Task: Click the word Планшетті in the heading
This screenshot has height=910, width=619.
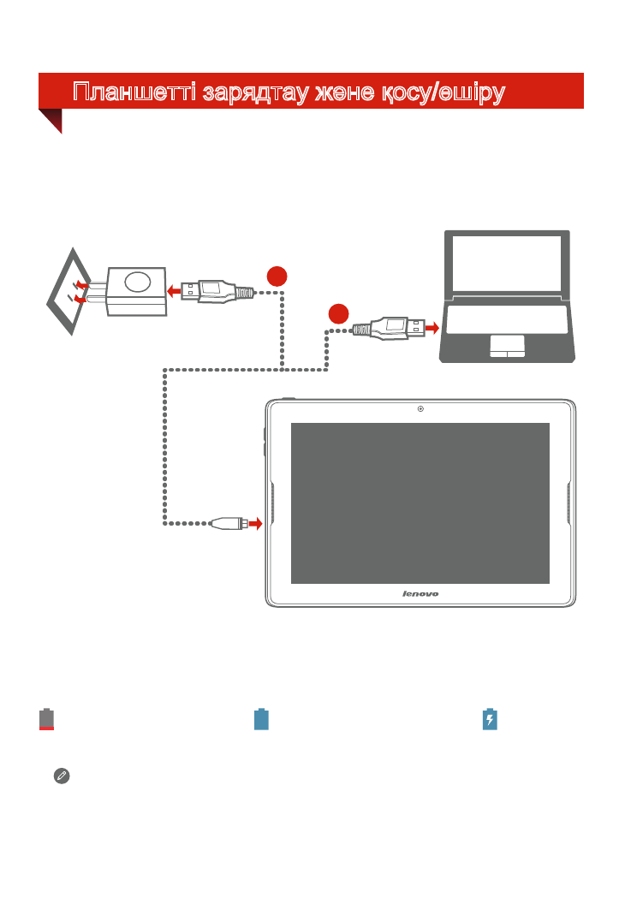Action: tap(134, 92)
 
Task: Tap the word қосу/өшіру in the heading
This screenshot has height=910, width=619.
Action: tap(443, 92)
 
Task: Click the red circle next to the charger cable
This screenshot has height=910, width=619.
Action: tap(277, 277)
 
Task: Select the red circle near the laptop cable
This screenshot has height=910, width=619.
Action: tap(338, 314)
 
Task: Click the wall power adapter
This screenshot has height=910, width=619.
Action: tap(136, 291)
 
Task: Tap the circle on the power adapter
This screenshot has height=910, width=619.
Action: tap(138, 282)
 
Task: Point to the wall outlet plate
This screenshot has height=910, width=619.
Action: tap(68, 291)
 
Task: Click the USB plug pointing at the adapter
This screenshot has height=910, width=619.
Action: tap(217, 291)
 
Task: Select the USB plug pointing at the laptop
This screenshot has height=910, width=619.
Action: tap(389, 329)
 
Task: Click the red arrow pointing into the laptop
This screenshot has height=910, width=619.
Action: tap(432, 329)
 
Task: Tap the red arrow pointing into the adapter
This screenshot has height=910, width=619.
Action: tap(174, 291)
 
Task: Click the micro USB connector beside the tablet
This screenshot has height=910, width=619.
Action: tap(229, 523)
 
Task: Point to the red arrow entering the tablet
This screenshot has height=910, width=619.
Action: tap(255, 524)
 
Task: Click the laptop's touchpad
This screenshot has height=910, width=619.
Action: tap(507, 346)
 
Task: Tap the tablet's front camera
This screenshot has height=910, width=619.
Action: tap(420, 409)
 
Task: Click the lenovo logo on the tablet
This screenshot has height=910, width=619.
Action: tap(420, 594)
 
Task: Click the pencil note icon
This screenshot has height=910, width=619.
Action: tap(62, 776)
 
